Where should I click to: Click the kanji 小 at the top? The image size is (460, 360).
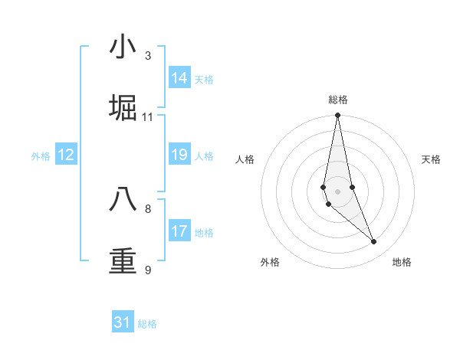pyautogui.click(x=123, y=47)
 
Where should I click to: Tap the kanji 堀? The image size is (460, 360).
pyautogui.click(x=123, y=108)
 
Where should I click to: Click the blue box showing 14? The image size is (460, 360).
pyautogui.click(x=179, y=78)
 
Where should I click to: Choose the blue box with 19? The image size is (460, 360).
pyautogui.click(x=179, y=155)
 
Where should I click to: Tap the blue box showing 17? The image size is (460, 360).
pyautogui.click(x=179, y=231)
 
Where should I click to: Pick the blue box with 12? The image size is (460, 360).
pyautogui.click(x=66, y=155)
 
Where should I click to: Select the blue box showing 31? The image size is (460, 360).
pyautogui.click(x=123, y=322)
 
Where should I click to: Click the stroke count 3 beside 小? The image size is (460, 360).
pyautogui.click(x=148, y=56)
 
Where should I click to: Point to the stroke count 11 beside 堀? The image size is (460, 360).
pyautogui.click(x=148, y=117)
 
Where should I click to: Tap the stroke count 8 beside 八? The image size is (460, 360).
pyautogui.click(x=148, y=208)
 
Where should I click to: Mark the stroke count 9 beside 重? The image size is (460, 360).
pyautogui.click(x=148, y=270)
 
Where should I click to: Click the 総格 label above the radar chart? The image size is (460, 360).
pyautogui.click(x=338, y=100)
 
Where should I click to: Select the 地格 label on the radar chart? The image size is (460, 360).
pyautogui.click(x=402, y=262)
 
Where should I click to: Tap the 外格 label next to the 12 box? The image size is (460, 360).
pyautogui.click(x=41, y=156)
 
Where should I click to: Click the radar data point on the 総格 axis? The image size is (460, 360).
pyautogui.click(x=337, y=116)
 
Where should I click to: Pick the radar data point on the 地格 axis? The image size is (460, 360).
pyautogui.click(x=373, y=242)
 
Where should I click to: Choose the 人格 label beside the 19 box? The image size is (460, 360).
pyautogui.click(x=204, y=156)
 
